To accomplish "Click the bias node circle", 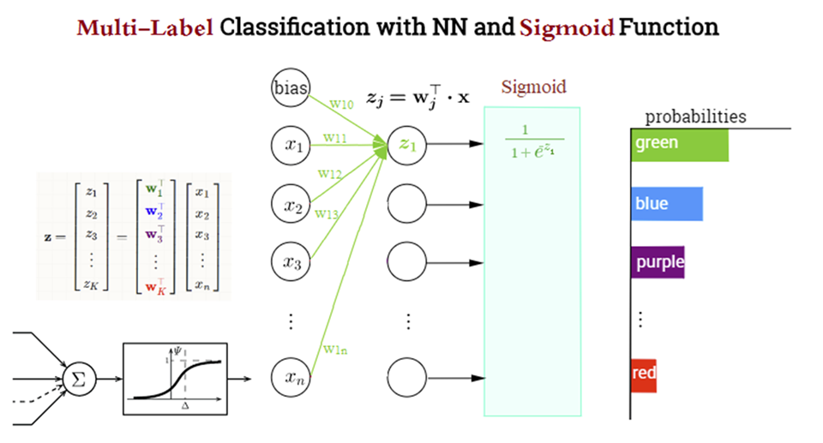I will coord(291,89).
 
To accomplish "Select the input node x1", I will coord(291,146).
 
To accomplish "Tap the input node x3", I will coord(291,261).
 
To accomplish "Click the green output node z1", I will coord(406,146).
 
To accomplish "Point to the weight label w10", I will coord(340,105).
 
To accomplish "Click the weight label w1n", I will coord(333,349).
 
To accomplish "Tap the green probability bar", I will coord(679,145).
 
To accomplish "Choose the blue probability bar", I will coord(666,205).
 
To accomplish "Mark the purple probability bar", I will coord(658,261).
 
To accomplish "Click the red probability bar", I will coord(643,374).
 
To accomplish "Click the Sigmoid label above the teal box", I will coord(533,87).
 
